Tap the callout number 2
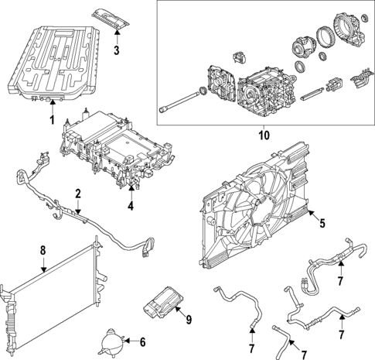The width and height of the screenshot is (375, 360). pos(77,193)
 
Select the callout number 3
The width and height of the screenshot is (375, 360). pos(115,51)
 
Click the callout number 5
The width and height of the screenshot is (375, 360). pos(323,225)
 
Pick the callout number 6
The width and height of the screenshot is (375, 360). pos(141,341)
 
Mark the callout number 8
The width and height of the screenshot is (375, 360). pos(43,250)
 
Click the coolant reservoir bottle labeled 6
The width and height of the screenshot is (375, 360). pos(110,341)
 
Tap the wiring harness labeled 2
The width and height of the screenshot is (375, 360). pos(85,217)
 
